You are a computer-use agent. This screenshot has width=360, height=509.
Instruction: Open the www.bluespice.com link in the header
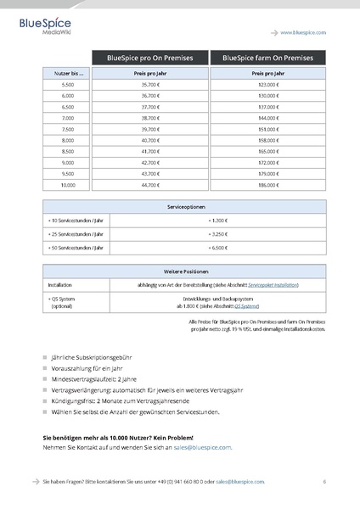tap(303, 31)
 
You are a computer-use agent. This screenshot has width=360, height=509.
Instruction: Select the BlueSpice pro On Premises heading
tap(149, 58)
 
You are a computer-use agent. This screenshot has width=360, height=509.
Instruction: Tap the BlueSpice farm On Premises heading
tap(268, 58)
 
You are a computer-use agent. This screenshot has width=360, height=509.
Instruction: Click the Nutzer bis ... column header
tap(67, 75)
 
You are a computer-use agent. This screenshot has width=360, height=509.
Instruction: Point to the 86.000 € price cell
tap(268, 184)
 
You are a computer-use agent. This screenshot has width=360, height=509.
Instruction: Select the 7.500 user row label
tap(67, 129)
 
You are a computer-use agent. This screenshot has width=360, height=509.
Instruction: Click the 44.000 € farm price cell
tap(268, 118)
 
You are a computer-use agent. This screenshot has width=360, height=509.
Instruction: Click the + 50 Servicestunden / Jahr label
tap(76, 247)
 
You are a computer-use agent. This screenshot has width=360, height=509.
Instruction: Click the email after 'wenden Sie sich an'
tap(203, 447)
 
